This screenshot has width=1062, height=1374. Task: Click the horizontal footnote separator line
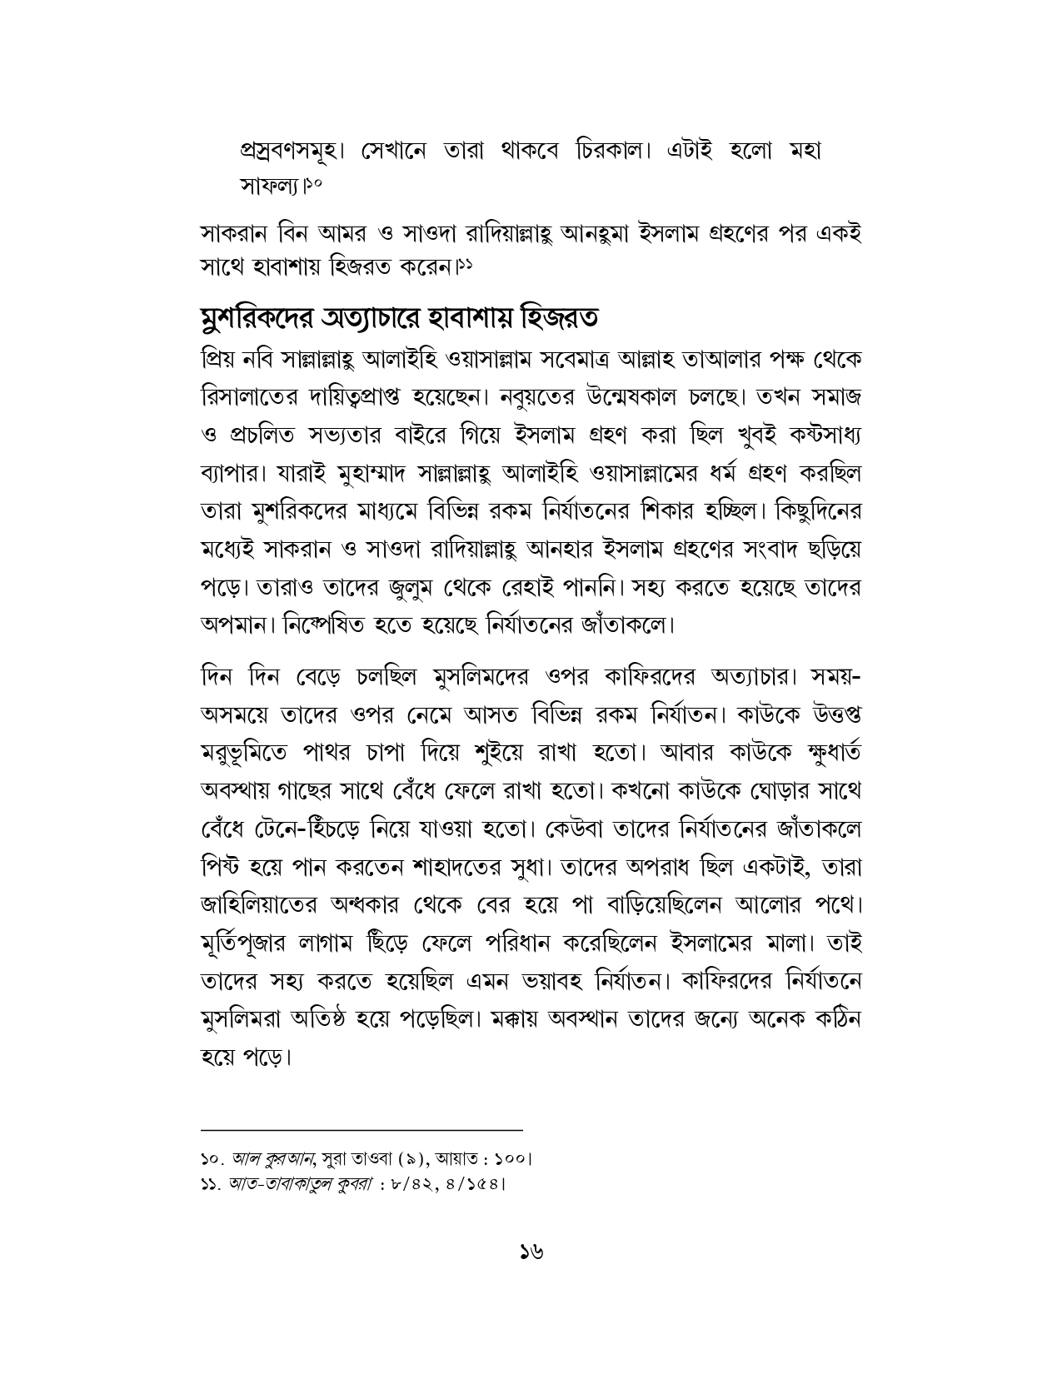(x=361, y=1130)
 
